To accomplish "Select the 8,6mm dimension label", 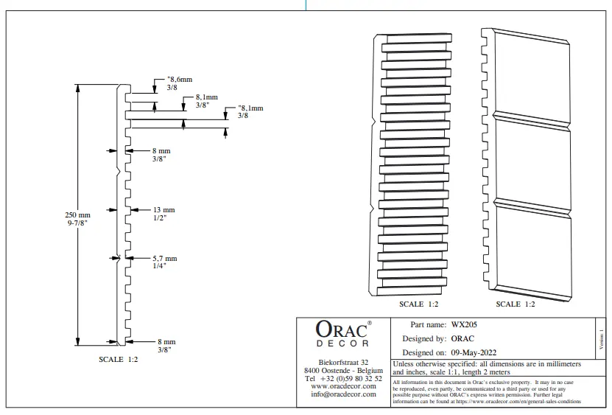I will tap(180, 79).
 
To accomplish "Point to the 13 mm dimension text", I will tap(163, 210).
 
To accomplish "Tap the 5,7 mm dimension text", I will tap(165, 259).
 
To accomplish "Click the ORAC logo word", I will tap(341, 330).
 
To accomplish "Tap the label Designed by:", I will tap(424, 338).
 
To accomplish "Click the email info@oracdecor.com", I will tap(343, 394).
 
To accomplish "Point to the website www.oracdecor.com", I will tap(343, 386).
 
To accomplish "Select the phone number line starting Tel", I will tap(343, 377).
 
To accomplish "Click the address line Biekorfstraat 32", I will tap(343, 362).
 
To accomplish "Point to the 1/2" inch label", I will tap(160, 218).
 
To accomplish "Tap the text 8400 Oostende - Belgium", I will tap(343, 370).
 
